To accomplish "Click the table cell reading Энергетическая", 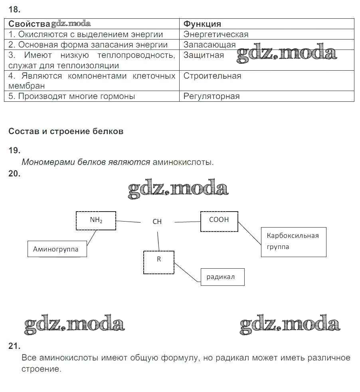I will [x=216, y=34].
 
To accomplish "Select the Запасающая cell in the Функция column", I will [x=210, y=45].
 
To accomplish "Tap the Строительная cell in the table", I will [x=212, y=76].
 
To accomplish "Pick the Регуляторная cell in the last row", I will [x=212, y=96].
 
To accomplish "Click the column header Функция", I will [x=202, y=24].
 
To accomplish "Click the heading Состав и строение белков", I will [x=66, y=131].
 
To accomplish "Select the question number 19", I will [x=14, y=150].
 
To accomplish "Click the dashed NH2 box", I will [x=96, y=221].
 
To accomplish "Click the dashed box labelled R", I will [x=159, y=262].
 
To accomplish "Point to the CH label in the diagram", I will [x=157, y=222].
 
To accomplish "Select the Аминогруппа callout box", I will [x=57, y=249].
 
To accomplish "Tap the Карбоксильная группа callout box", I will [x=293, y=242].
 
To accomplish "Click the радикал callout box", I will [x=222, y=277].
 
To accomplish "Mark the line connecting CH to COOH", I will [x=187, y=222].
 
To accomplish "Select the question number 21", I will [x=14, y=346].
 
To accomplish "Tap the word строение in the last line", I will [x=41, y=369].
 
